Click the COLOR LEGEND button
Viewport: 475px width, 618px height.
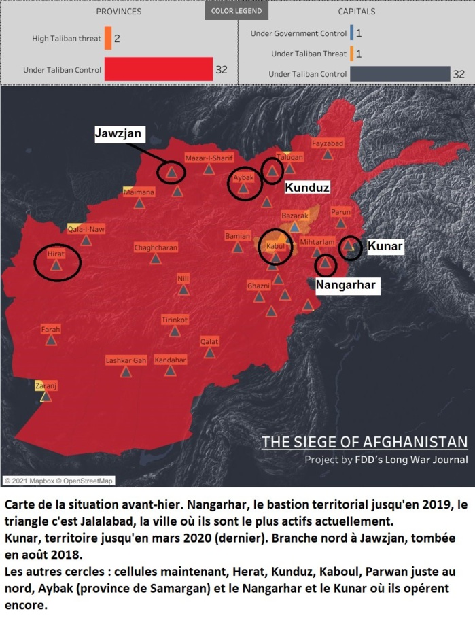click(x=237, y=12)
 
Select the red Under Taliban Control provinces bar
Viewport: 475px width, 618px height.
click(x=158, y=69)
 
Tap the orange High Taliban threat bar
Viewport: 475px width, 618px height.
click(x=108, y=39)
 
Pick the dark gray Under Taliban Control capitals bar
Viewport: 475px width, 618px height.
click(x=400, y=73)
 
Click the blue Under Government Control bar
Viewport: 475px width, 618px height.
click(x=351, y=33)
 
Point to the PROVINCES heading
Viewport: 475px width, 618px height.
click(x=119, y=12)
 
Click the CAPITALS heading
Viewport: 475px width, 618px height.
click(x=357, y=12)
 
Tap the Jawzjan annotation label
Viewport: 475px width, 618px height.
click(x=118, y=134)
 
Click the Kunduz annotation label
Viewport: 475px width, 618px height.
click(x=307, y=187)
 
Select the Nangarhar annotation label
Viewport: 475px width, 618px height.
click(x=346, y=285)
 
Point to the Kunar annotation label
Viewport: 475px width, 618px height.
click(x=385, y=247)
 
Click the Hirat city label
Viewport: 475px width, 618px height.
click(x=56, y=253)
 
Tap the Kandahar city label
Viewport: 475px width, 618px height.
click(x=170, y=360)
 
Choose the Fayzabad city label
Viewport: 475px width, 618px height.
click(x=328, y=143)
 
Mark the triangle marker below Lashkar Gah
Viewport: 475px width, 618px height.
click(x=126, y=372)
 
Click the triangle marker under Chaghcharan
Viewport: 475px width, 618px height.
click(x=156, y=259)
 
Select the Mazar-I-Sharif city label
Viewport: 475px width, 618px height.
click(x=209, y=158)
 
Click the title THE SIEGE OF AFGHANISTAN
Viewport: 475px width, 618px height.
click(x=364, y=442)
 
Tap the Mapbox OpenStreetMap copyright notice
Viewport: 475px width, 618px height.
click(x=58, y=481)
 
